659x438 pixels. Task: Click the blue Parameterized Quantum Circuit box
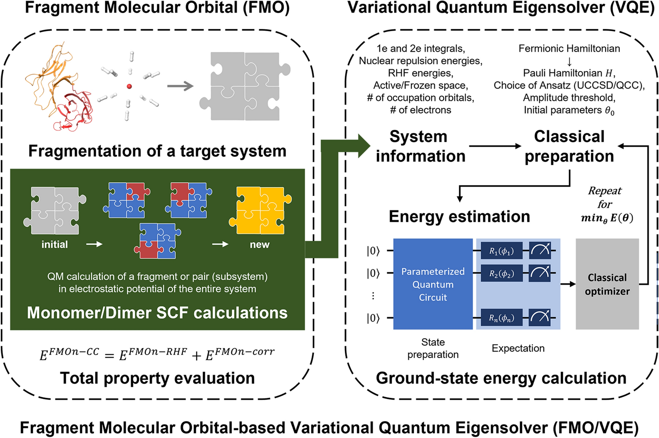click(x=433, y=284)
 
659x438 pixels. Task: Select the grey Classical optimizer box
click(x=607, y=284)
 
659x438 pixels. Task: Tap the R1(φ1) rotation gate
click(x=501, y=251)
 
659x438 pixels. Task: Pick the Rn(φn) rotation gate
click(x=501, y=318)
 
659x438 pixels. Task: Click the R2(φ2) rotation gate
click(x=501, y=274)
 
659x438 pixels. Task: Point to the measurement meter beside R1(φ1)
click(x=541, y=251)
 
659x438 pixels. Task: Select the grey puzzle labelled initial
click(x=55, y=210)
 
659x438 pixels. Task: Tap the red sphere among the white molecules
click(x=129, y=86)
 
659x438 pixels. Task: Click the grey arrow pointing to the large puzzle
click(x=180, y=86)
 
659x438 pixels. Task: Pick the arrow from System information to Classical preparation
click(x=495, y=146)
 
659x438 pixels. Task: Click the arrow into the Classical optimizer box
click(x=568, y=284)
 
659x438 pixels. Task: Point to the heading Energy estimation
click(x=459, y=216)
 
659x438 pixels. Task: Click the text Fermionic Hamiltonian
click(x=569, y=49)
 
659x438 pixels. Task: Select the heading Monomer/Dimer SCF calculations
click(x=157, y=313)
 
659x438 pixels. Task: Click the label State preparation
click(x=433, y=348)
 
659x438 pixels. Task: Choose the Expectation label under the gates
click(x=518, y=348)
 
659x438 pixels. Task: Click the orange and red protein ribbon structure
click(x=60, y=88)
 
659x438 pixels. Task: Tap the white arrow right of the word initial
click(x=94, y=244)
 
